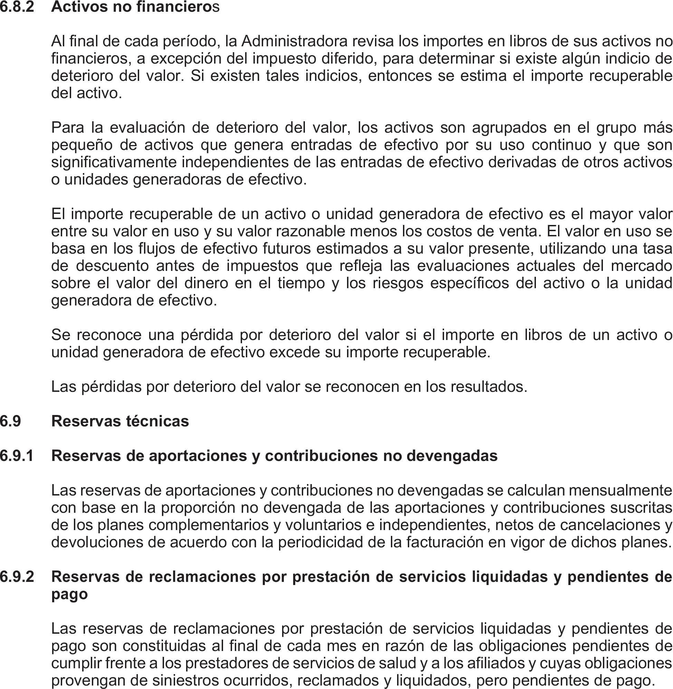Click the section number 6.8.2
pos(17,7)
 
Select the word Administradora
pos(295,42)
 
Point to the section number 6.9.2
pos(17,577)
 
